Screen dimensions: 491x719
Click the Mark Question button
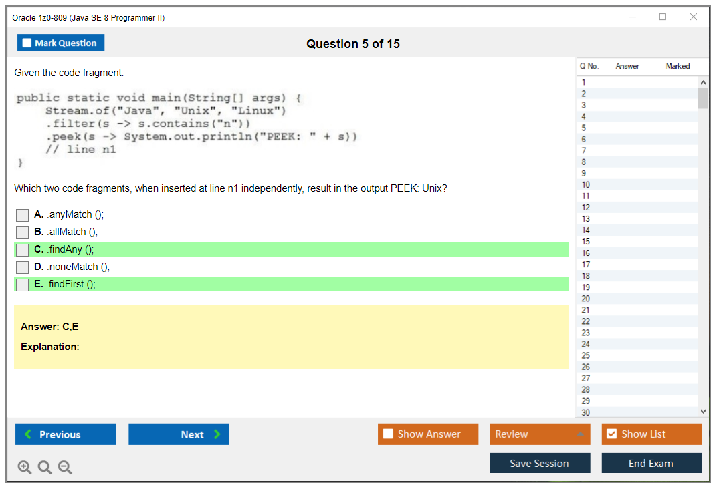61,43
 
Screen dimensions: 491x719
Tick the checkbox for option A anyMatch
23,215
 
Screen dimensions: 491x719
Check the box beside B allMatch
23,232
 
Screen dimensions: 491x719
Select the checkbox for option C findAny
23,250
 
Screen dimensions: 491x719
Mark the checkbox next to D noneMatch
23,267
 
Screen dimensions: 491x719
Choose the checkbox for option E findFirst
23,285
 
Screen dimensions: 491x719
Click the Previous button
66,434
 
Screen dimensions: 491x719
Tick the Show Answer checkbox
388,434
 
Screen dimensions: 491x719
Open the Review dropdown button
540,434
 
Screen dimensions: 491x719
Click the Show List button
651,434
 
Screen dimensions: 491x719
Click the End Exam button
651,463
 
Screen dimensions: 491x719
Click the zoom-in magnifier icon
25,468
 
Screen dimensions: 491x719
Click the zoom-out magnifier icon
65,468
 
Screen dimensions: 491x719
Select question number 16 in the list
586,253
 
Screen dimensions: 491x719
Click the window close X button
694,17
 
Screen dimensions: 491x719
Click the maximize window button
663,17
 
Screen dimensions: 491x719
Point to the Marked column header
678,66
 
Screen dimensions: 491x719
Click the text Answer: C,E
49,327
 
